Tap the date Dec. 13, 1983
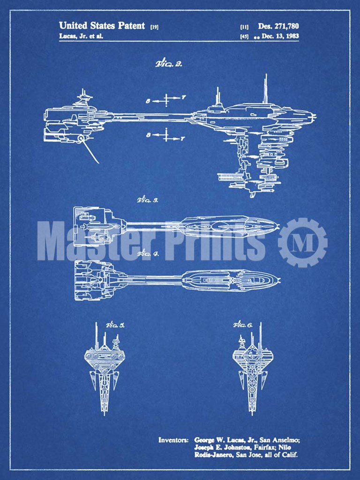(x=280, y=36)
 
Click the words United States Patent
(x=102, y=26)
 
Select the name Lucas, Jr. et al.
(x=81, y=36)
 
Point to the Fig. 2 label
(x=168, y=64)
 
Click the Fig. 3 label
(x=147, y=200)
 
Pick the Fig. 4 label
(x=147, y=254)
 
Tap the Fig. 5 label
(x=114, y=325)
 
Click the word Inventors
(x=173, y=440)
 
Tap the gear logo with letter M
(x=302, y=242)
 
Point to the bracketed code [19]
(x=154, y=27)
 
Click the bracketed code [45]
(x=244, y=37)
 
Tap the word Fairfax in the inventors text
(x=270, y=447)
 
